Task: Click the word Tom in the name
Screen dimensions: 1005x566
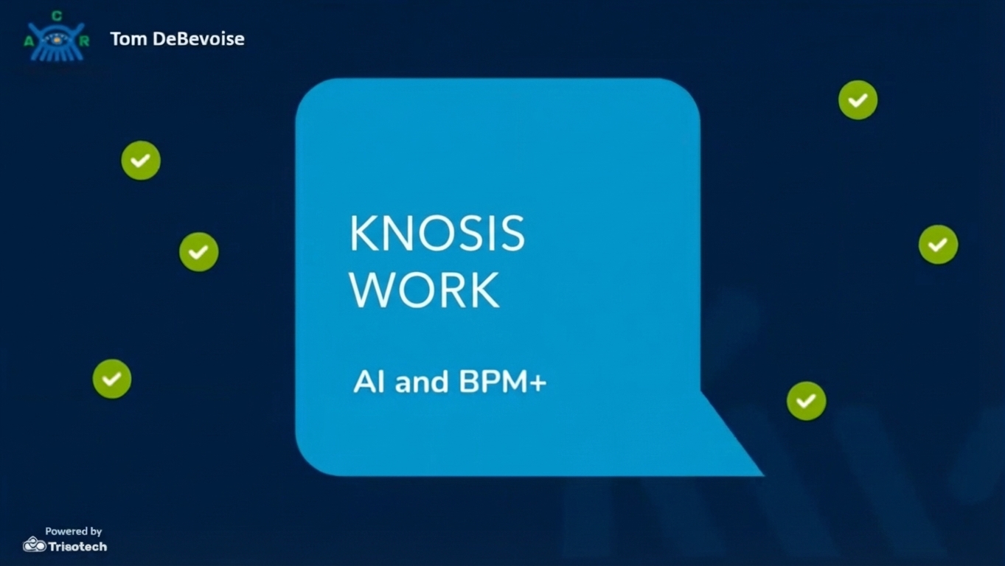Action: (x=128, y=39)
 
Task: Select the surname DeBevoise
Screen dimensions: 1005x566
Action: (x=199, y=39)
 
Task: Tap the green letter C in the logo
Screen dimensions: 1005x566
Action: (x=57, y=16)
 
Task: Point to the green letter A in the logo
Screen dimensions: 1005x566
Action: (x=29, y=42)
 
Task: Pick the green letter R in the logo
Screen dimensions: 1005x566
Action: (x=84, y=41)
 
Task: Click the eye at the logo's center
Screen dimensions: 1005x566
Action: (x=57, y=41)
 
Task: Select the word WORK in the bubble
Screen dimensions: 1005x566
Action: (x=425, y=290)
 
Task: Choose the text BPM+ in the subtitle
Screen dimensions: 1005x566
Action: (x=503, y=382)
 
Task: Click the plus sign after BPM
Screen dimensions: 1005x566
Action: (x=538, y=383)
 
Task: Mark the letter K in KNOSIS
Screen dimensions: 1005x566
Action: (x=364, y=233)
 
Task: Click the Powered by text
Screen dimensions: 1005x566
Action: (x=74, y=531)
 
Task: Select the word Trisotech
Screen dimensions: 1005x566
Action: (x=77, y=547)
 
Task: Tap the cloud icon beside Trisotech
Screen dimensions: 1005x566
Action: (x=35, y=545)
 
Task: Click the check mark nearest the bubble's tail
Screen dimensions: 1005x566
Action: (x=806, y=401)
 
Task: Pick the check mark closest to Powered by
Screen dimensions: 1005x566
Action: (x=112, y=379)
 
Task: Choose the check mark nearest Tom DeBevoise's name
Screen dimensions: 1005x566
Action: (x=141, y=161)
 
